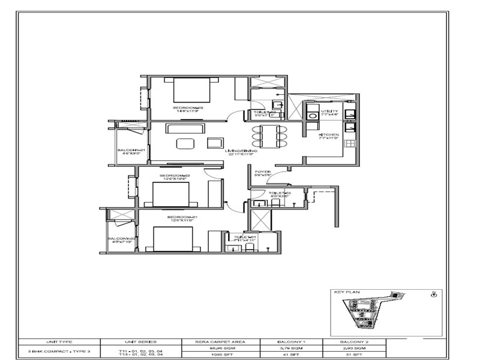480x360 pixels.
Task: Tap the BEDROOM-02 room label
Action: point(175,176)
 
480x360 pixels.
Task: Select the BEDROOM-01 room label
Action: point(182,217)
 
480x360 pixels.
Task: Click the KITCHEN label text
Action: point(329,135)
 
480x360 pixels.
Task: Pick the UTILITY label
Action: point(329,111)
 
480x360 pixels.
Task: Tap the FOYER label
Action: point(263,172)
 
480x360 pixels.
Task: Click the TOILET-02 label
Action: point(280,193)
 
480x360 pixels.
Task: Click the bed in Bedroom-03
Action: point(192,91)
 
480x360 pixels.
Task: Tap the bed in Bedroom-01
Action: point(172,239)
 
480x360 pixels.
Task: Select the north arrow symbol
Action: point(434,295)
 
